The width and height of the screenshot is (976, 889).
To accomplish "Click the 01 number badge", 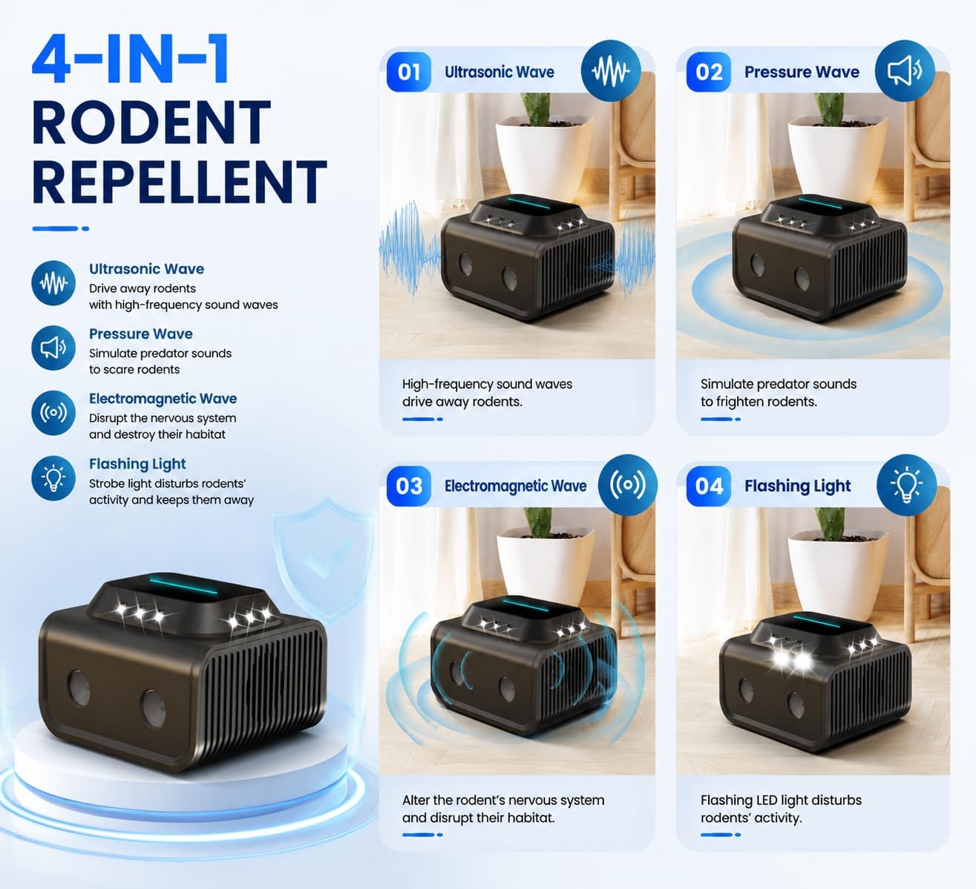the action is point(409,72).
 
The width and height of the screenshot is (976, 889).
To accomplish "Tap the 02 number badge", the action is point(708,72).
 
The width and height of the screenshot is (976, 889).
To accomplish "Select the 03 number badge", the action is point(409,486).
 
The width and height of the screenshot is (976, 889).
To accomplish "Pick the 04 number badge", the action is point(708,486).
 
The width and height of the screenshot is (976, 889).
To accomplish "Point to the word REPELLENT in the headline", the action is point(180,182).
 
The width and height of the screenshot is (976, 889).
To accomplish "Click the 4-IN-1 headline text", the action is point(131,59).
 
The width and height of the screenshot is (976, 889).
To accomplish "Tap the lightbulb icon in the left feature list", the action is point(53,478).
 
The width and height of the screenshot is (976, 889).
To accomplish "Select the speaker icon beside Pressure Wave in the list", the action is point(53,348).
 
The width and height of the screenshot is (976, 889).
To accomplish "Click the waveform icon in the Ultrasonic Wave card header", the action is point(611,71).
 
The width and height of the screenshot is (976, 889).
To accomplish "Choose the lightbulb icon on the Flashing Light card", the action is point(906,484).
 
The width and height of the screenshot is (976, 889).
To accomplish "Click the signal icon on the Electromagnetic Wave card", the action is point(628,484).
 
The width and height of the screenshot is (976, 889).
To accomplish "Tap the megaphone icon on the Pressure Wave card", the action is point(905,71).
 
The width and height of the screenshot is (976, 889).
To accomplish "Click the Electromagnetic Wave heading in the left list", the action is point(163,399).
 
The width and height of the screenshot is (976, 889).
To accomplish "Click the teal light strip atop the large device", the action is point(183,585).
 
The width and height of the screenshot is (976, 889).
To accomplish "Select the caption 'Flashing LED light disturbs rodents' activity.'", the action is point(781,809).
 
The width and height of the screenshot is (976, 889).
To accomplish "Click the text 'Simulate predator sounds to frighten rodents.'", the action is point(779,393).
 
